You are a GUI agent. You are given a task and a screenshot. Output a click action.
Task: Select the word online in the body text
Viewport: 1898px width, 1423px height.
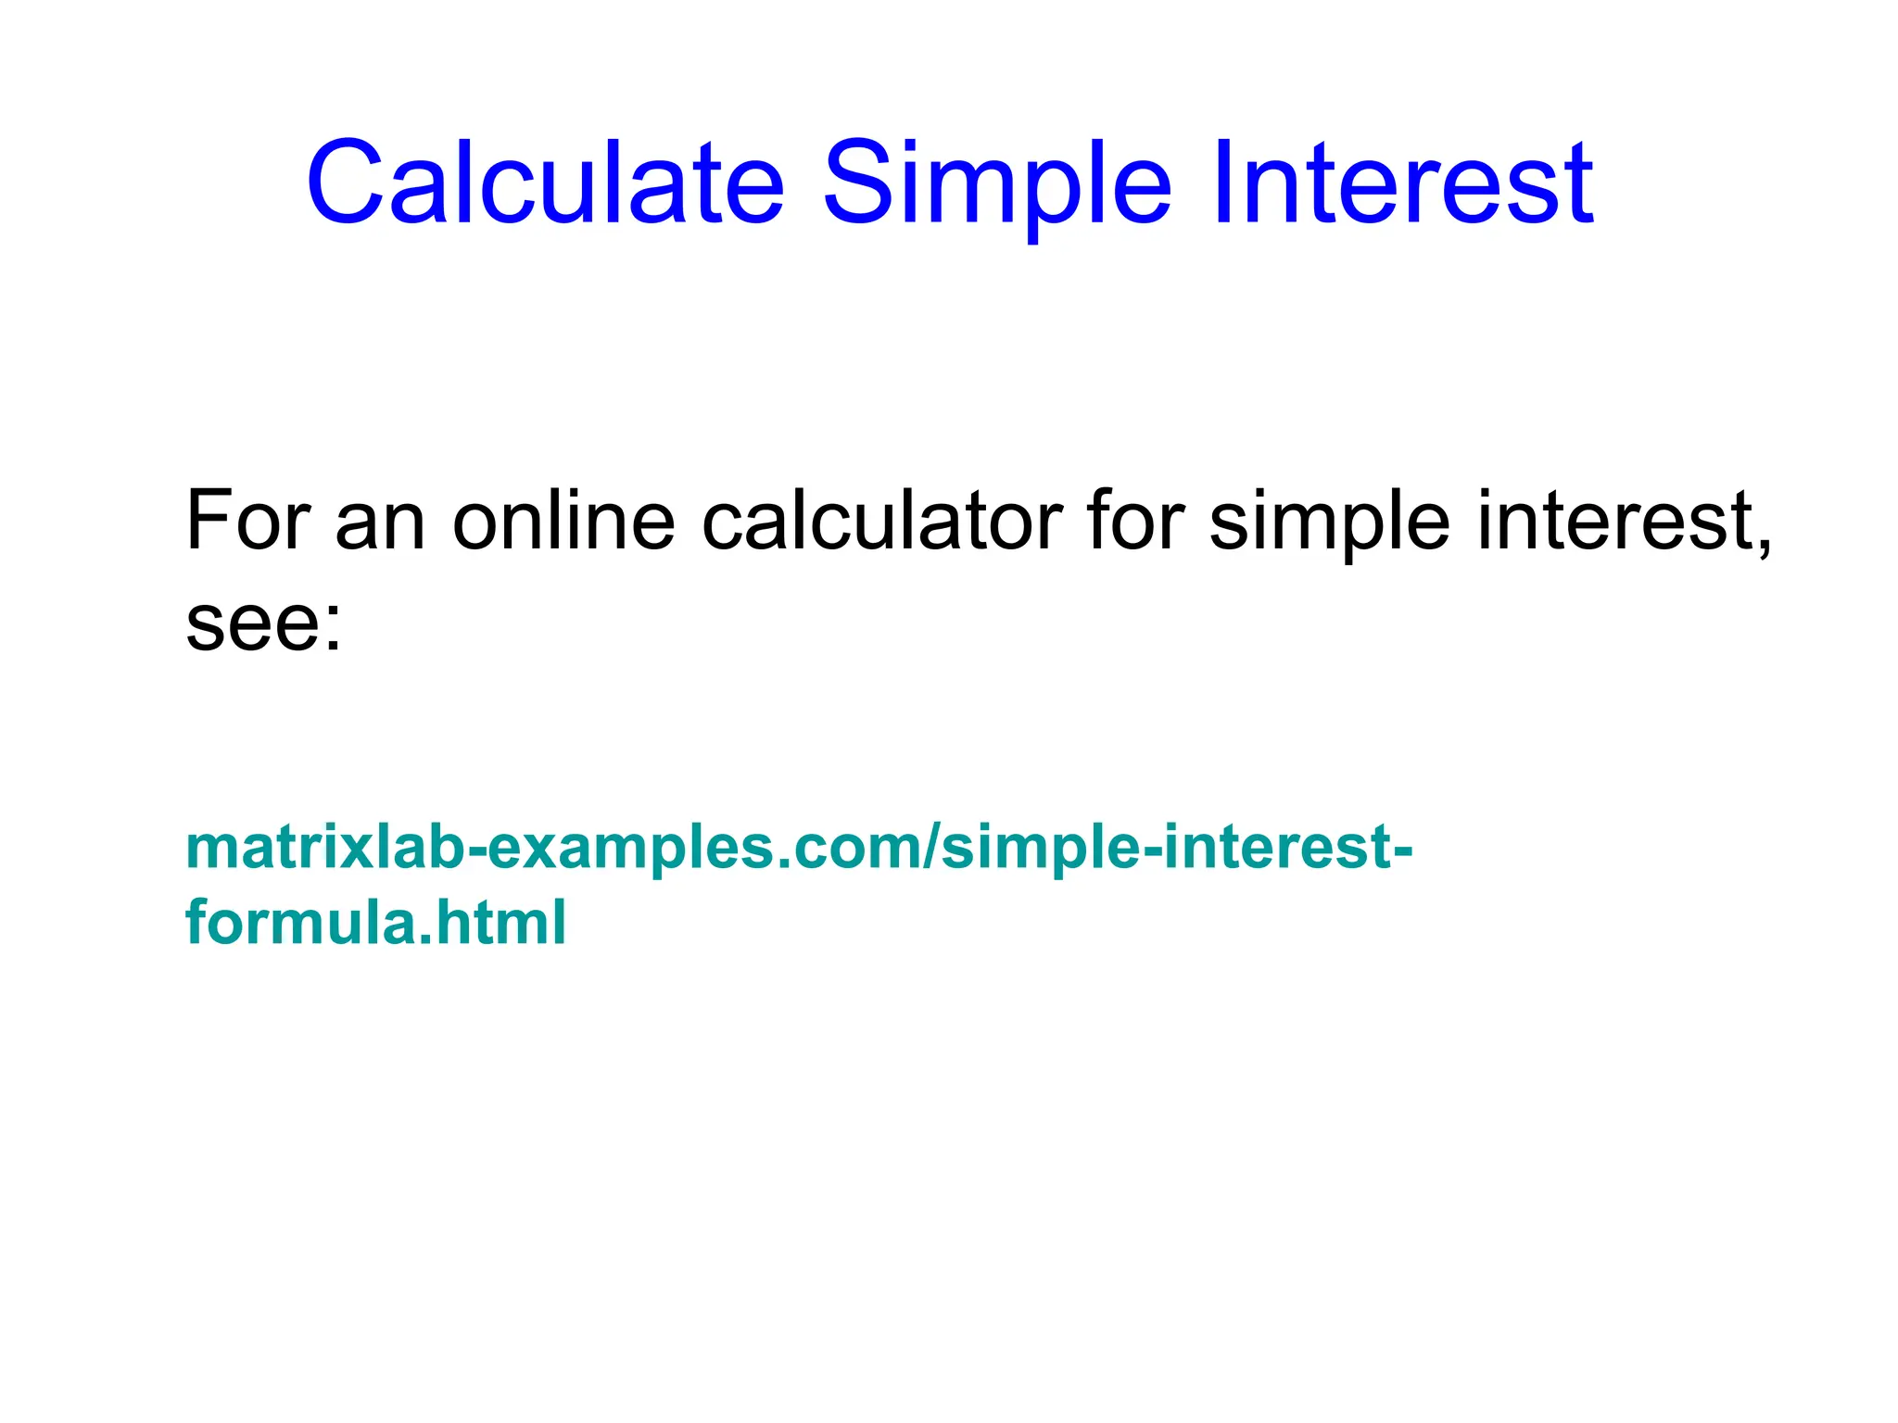click(x=563, y=521)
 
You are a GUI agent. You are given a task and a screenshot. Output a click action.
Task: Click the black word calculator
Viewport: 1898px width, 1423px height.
click(x=881, y=521)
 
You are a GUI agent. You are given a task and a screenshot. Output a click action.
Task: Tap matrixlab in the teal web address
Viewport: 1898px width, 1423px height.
click(x=323, y=847)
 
